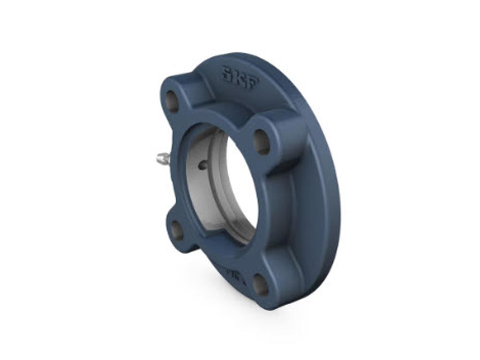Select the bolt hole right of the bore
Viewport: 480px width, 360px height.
(x=262, y=142)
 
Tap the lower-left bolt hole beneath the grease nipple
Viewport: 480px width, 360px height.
(x=177, y=230)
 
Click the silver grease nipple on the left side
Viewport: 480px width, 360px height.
(x=162, y=159)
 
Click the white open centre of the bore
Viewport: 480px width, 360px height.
(x=241, y=187)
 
